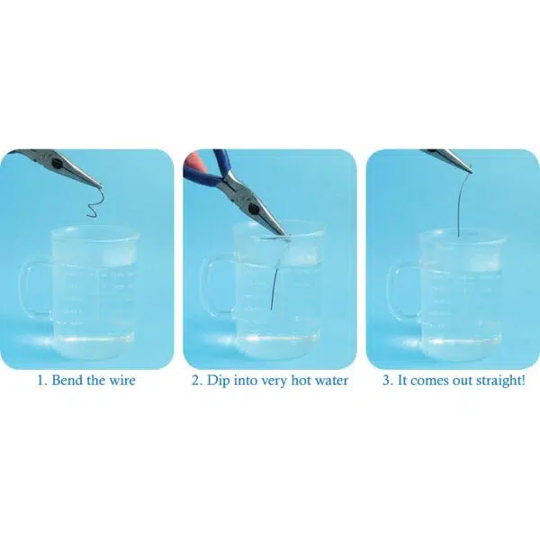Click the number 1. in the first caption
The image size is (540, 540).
click(x=41, y=381)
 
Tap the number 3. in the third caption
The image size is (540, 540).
click(x=387, y=381)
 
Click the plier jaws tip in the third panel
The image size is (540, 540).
click(x=468, y=169)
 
